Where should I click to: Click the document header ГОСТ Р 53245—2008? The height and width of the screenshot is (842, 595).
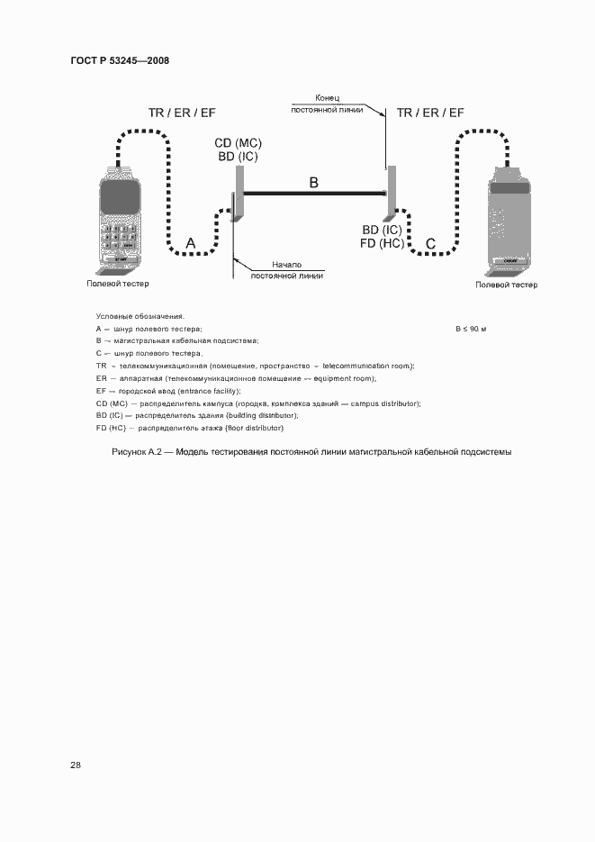[x=120, y=61]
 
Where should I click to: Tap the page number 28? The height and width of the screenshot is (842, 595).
[x=76, y=765]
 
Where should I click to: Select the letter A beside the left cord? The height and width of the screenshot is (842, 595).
[x=190, y=243]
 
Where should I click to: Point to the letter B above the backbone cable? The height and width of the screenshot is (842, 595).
[x=313, y=183]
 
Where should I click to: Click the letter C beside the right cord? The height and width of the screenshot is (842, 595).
[x=430, y=243]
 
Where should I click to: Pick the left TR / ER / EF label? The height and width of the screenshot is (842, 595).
[x=182, y=113]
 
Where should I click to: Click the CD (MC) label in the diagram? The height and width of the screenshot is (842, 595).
[x=238, y=144]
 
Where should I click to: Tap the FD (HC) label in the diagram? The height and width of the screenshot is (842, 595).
[x=383, y=243]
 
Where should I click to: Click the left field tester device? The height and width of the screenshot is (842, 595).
[x=120, y=221]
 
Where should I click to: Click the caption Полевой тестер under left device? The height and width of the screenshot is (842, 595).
[x=118, y=284]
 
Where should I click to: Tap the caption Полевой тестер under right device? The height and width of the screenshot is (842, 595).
[x=507, y=285]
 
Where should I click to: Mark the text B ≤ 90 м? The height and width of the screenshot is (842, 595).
[x=470, y=329]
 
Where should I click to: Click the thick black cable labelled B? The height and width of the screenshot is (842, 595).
[x=313, y=193]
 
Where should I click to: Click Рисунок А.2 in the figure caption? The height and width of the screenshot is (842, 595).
[x=137, y=451]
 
